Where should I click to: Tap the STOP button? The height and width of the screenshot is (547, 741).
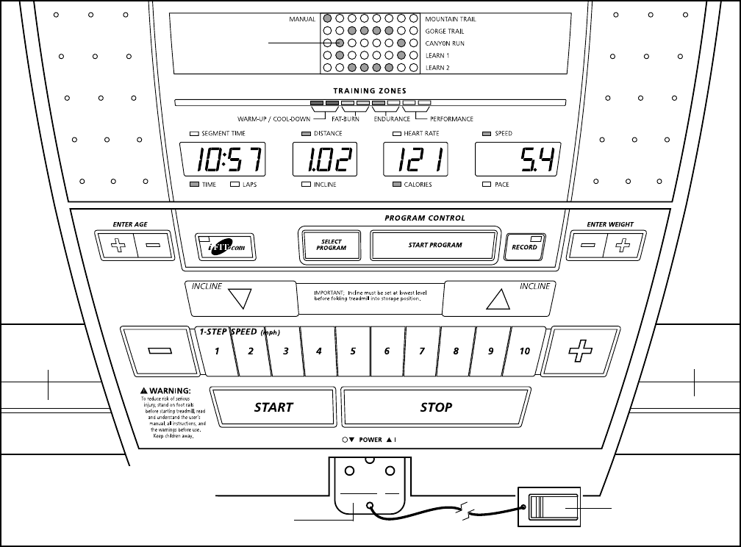435,407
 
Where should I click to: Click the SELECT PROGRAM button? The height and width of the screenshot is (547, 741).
331,246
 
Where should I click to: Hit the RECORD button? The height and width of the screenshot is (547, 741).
524,246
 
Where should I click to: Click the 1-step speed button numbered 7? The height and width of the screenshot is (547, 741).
421,351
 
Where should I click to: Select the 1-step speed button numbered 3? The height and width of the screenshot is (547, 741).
285,351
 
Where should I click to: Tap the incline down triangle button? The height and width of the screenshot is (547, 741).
240,298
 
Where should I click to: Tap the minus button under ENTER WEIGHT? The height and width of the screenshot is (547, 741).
588,246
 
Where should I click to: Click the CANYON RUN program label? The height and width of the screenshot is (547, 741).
445,43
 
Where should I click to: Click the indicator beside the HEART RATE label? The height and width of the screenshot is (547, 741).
397,134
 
